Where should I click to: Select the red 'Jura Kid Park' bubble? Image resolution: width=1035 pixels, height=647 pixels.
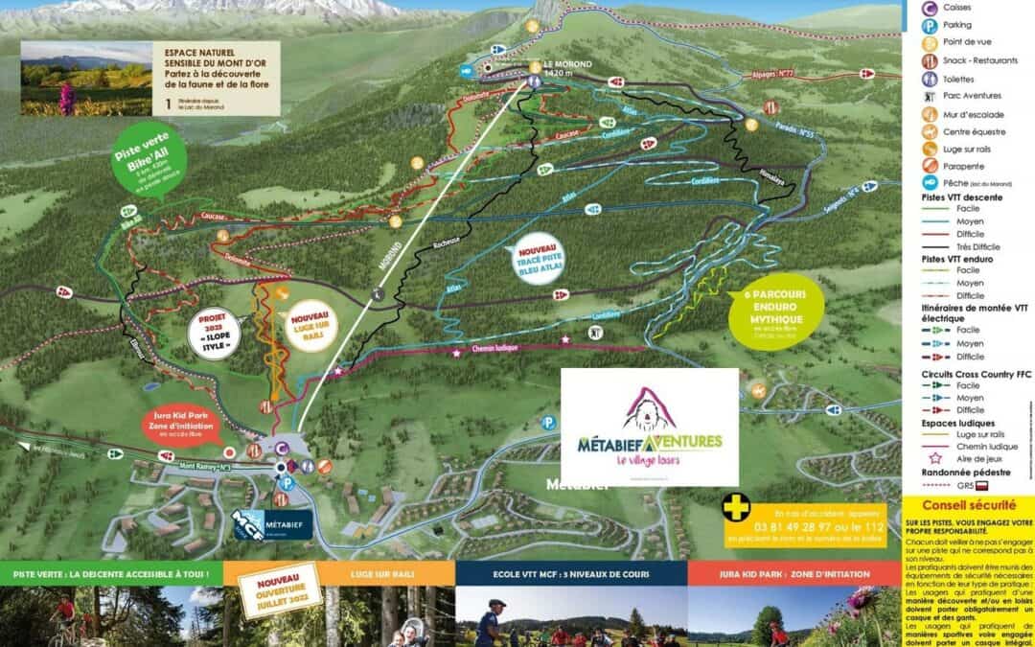pos(183,423)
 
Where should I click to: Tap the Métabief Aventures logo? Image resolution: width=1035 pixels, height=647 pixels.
pos(649,427)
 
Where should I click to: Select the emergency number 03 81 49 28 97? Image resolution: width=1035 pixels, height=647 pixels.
pos(811,527)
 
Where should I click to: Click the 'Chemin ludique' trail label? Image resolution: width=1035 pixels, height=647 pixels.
pos(494,351)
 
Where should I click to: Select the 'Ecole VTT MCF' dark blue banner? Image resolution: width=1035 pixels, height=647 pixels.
pos(570,573)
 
